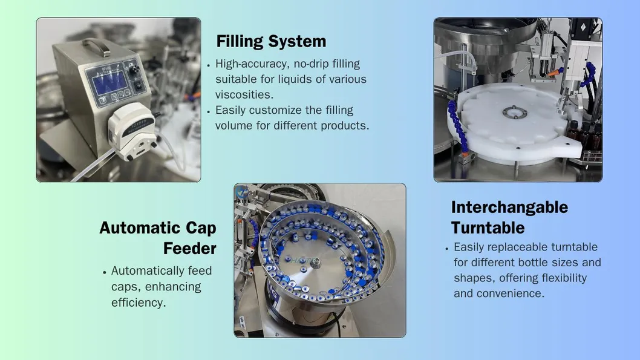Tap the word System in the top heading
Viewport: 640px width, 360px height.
click(x=299, y=41)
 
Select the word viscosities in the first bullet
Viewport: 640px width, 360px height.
click(x=244, y=94)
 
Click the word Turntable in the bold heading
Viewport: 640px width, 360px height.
click(x=488, y=227)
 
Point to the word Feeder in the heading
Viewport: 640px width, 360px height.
click(x=189, y=248)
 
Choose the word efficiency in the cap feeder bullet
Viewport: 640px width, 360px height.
click(x=138, y=302)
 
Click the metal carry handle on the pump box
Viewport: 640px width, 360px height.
click(x=97, y=45)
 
